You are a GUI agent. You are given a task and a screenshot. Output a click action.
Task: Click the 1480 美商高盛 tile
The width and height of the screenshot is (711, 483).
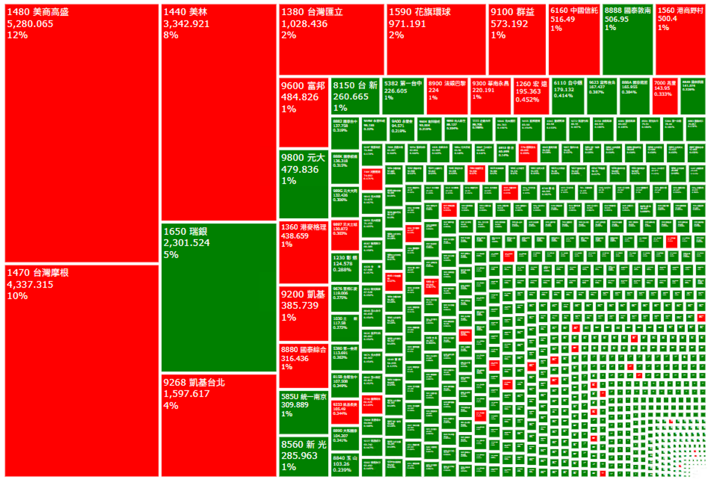81,133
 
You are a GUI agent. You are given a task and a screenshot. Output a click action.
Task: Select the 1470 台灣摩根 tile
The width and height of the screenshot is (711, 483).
81,370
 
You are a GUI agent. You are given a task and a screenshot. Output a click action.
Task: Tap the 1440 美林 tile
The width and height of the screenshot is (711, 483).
219,112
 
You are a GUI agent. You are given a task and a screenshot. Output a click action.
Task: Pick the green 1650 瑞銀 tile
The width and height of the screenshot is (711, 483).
219,298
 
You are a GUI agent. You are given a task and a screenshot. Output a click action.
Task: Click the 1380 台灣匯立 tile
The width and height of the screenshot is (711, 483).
331,40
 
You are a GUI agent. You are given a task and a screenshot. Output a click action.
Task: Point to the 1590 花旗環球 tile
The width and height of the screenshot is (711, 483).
436,40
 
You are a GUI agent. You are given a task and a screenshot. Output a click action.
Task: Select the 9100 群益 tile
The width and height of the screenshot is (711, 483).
517,40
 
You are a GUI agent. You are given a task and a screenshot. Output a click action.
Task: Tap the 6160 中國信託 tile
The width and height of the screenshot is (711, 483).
574,40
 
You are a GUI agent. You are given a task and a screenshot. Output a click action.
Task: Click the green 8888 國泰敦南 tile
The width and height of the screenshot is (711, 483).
628,40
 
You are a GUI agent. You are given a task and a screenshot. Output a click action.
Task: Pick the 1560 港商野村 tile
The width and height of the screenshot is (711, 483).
680,40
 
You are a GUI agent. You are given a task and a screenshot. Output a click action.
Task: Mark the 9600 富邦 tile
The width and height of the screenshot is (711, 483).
304,112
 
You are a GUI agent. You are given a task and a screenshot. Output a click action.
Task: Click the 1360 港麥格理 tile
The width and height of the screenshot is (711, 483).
304,252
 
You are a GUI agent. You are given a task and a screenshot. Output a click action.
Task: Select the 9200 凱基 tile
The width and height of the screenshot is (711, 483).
304,313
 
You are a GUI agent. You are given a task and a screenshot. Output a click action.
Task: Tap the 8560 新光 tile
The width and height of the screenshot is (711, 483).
304,456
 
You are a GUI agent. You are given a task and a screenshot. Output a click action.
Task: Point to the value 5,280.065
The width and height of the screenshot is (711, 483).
30,24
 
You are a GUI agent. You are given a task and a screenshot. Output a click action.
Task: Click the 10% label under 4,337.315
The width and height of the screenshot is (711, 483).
18,296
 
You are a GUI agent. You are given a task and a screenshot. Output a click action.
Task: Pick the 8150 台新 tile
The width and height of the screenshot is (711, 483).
355,96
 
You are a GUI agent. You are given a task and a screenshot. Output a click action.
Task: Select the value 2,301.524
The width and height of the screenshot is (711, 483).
187,243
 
